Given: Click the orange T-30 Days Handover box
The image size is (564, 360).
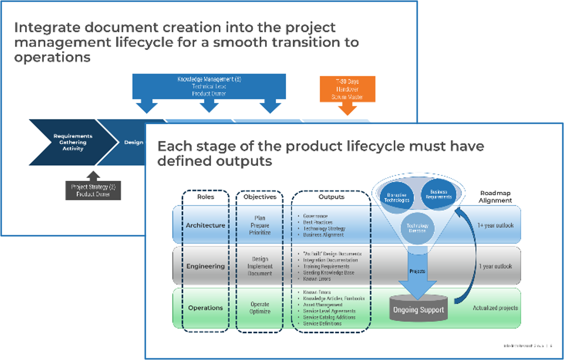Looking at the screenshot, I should tap(347, 89).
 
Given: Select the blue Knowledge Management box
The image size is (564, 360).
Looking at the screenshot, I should tap(209, 87).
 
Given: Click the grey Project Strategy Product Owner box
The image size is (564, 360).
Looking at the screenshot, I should tap(93, 190).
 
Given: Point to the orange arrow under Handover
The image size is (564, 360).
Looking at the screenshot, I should tap(348, 109).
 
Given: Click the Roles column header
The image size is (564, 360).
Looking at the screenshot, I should tap(206, 197).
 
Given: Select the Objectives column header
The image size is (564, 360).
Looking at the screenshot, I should tap(260, 197).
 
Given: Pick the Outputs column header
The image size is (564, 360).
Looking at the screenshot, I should tap(331, 197).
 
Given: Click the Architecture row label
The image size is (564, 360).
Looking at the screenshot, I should tap(205, 225).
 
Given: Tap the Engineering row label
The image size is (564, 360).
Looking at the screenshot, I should tap(205, 266).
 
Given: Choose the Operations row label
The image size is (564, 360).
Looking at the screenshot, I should tap(205, 307).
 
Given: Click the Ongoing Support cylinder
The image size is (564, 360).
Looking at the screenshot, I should tap(418, 310).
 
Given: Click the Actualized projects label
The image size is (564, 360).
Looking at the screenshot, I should tap(495, 308).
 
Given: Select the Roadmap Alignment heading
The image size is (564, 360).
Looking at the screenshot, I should tap(495, 197).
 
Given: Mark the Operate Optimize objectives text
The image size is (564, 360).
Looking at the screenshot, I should tap(260, 308).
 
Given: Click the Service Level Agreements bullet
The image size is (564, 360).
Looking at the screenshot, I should tap(329, 311).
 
